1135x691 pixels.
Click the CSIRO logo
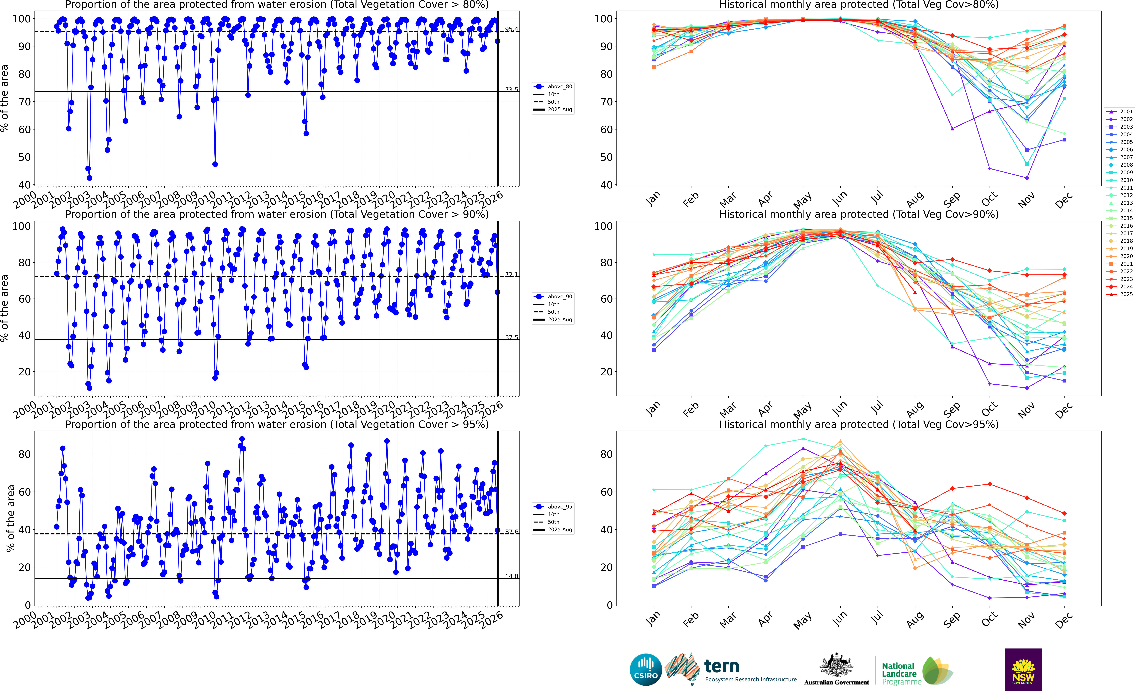[646, 669]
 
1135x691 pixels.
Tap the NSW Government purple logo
[1023, 669]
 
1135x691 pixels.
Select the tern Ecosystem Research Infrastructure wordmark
[750, 670]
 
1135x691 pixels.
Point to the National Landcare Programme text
[901, 673]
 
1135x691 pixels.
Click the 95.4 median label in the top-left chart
[511, 29]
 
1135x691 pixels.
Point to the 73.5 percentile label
[511, 89]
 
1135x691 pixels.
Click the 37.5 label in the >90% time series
[511, 337]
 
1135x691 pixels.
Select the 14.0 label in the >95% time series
[511, 576]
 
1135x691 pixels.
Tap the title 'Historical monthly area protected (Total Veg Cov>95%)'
[859, 424]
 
